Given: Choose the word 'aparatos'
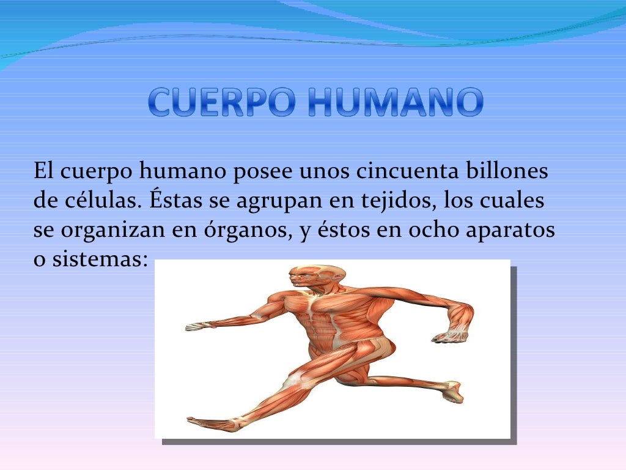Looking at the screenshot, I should tap(510, 231).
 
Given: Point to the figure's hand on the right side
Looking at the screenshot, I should tap(449, 335).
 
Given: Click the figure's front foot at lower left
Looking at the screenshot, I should tap(208, 422).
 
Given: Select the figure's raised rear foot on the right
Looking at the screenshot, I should tap(452, 392).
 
